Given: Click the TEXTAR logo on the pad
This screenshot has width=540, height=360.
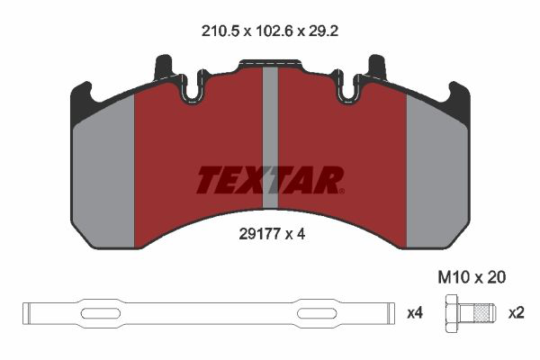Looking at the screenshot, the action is pyautogui.click(x=270, y=180).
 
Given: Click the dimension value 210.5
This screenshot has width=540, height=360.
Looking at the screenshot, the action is pyautogui.click(x=220, y=31).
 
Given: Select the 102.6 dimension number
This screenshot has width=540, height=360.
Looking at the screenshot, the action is pyautogui.click(x=274, y=31).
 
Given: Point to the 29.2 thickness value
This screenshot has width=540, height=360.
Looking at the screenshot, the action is pyautogui.click(x=323, y=31).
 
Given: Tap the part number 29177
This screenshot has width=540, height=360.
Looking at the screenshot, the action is pyautogui.click(x=259, y=234).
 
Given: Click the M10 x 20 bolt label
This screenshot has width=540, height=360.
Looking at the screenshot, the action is pyautogui.click(x=472, y=277).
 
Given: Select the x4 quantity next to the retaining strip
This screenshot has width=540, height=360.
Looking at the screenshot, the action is pyautogui.click(x=415, y=313).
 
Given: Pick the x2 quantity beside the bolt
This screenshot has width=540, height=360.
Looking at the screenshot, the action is pyautogui.click(x=517, y=313).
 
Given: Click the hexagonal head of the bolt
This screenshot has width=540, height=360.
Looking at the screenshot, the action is pyautogui.click(x=452, y=313).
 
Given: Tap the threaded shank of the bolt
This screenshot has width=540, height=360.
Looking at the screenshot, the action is pyautogui.click(x=477, y=313).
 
